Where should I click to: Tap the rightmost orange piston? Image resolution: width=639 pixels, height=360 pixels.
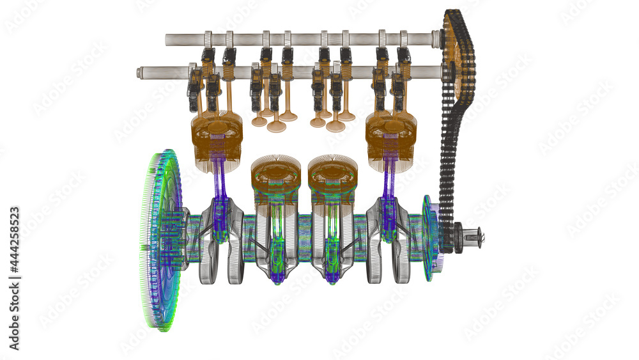(390, 134)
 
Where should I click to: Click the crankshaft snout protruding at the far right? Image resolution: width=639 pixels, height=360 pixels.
(474, 237)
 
